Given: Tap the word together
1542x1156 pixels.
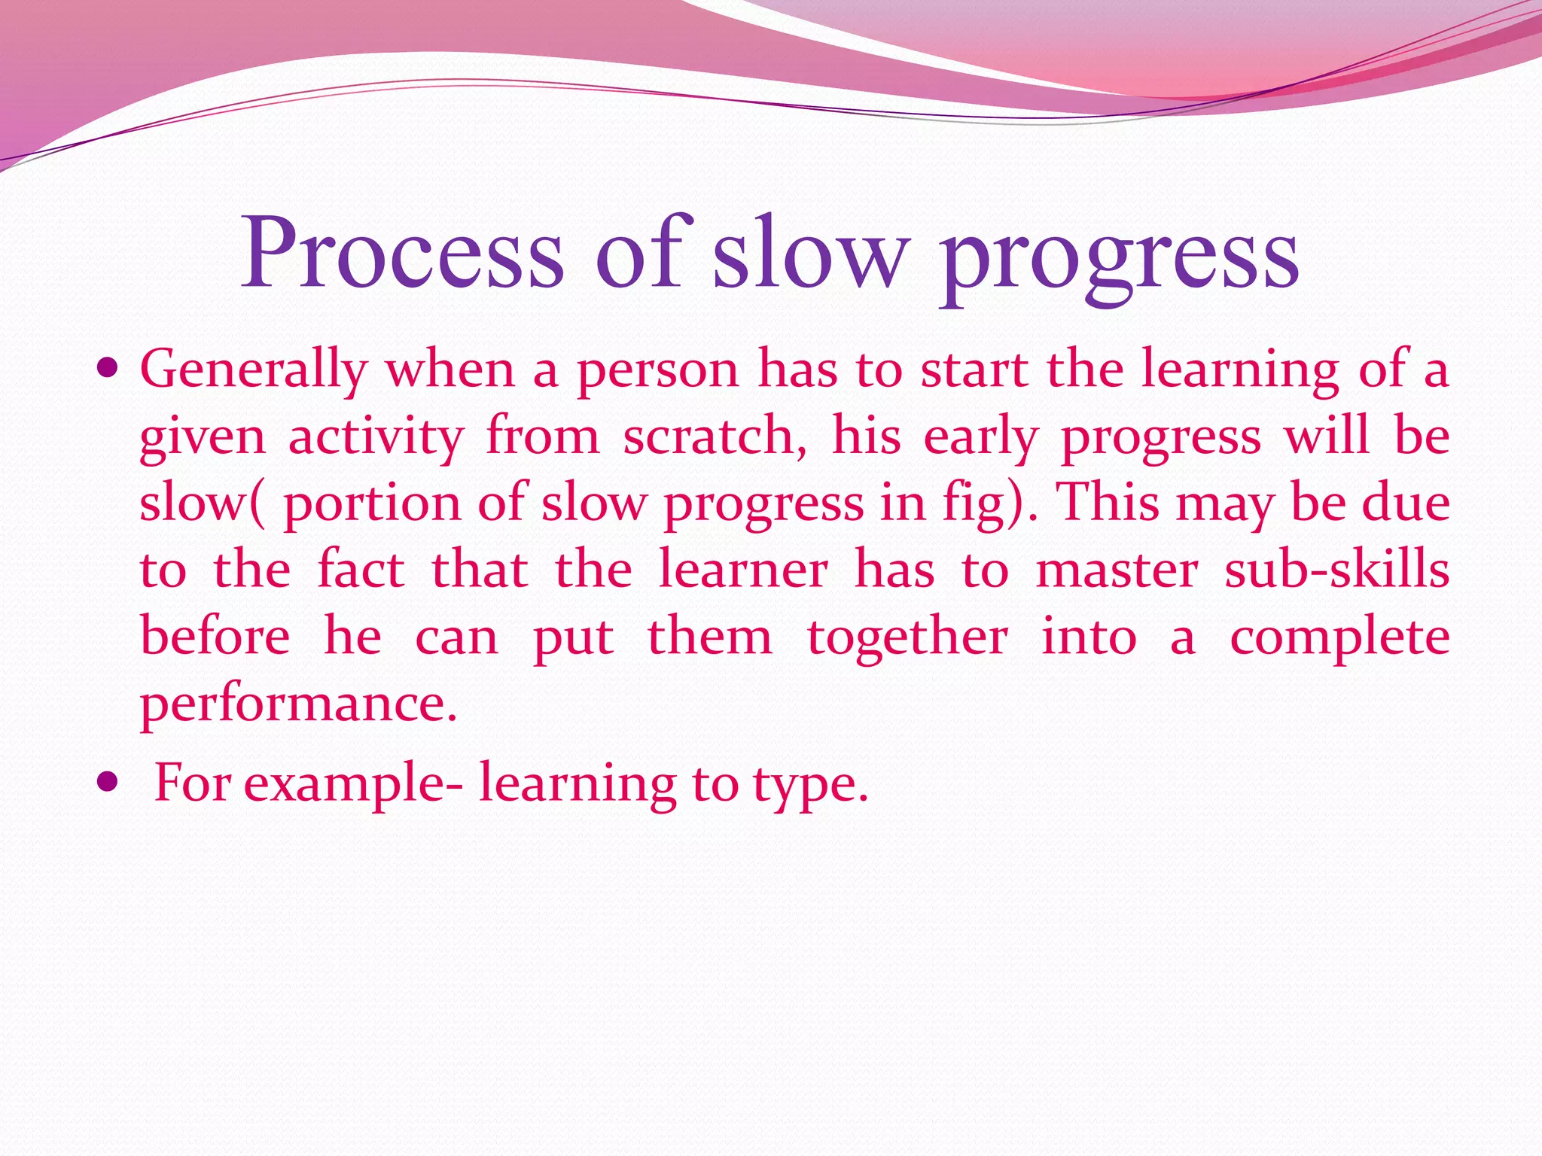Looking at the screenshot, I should coord(907,638).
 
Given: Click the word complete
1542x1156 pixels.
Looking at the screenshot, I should coord(1339,638).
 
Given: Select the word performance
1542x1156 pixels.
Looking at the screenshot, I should coord(298,704).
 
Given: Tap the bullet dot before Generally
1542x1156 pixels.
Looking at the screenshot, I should coord(108,370).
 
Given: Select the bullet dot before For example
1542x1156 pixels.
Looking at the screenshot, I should coord(108,783).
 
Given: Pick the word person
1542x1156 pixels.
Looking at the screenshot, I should coord(658,370).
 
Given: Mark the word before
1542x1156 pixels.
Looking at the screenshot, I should coord(215,637).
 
